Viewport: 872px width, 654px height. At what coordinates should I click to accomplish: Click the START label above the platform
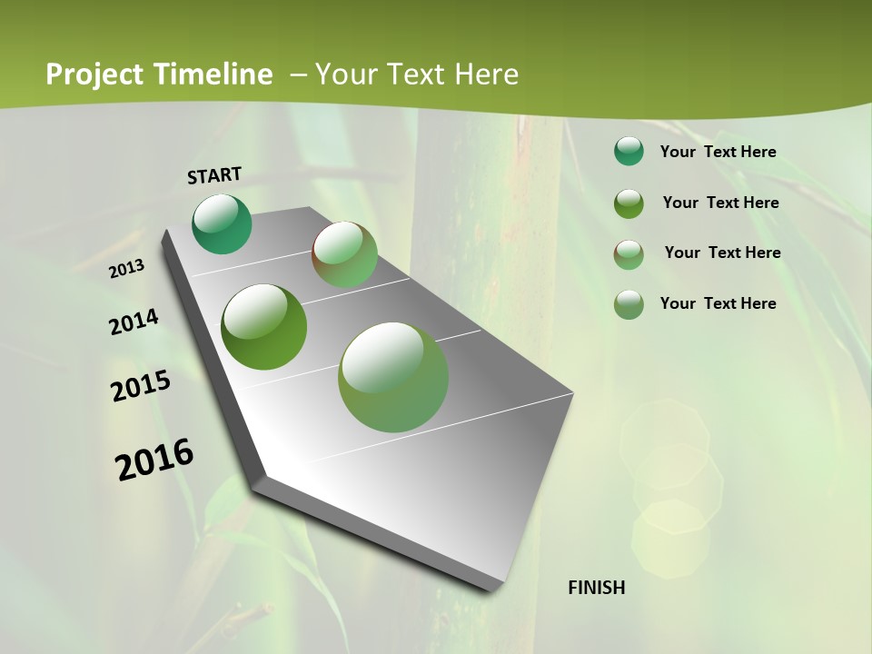coord(214,175)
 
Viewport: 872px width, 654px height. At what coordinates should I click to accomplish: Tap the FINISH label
coord(596,588)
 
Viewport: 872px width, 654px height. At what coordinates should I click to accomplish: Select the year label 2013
coord(127,268)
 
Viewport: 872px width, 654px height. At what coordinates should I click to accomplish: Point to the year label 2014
coord(134,322)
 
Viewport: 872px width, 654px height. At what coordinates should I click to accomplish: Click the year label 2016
coord(154,459)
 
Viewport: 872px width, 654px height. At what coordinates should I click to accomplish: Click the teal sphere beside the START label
coord(222,223)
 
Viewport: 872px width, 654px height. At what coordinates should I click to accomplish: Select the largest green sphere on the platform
coord(393,377)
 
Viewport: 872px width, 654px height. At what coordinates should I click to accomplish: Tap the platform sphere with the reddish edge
coord(344,254)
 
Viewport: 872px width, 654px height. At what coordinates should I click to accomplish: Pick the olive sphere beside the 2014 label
coord(263,327)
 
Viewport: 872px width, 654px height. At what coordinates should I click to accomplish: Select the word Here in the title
coord(485,74)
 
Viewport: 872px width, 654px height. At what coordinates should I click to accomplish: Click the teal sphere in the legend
coord(629,152)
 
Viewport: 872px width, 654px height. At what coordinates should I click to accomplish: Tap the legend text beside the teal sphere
coord(718,152)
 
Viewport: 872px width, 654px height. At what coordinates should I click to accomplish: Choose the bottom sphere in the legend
coord(629,304)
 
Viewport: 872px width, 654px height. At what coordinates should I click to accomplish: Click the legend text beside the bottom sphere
coord(718,303)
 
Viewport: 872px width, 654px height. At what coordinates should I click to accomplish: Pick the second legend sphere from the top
coord(629,203)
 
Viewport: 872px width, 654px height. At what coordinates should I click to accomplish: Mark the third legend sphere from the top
coord(629,254)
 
